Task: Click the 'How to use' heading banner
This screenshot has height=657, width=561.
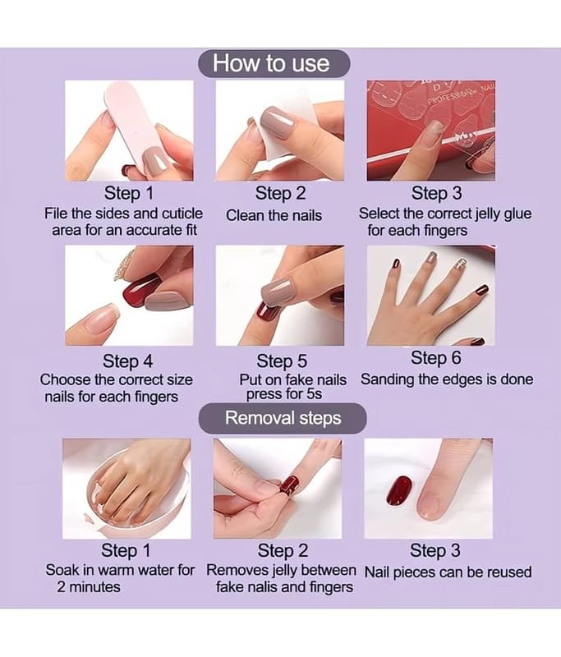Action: pyautogui.click(x=274, y=64)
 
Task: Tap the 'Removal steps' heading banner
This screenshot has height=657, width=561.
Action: pyautogui.click(x=283, y=418)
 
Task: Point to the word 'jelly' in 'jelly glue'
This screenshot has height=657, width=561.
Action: pyautogui.click(x=487, y=214)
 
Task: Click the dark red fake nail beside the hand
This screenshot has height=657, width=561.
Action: pyautogui.click(x=398, y=490)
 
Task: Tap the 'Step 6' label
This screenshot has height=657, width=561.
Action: pyautogui.click(x=435, y=358)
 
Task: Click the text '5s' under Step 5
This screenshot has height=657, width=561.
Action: pyautogui.click(x=314, y=394)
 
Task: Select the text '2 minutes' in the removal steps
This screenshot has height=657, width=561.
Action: pyautogui.click(x=89, y=587)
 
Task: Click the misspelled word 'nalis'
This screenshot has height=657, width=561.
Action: pyautogui.click(x=264, y=587)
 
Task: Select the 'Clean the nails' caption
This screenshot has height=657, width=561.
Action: pyautogui.click(x=274, y=215)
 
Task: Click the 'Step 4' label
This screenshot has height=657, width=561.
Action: pyautogui.click(x=128, y=361)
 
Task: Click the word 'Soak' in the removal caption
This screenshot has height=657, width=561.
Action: pyautogui.click(x=60, y=570)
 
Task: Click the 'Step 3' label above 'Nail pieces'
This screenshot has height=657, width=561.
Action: pyautogui.click(x=435, y=550)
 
